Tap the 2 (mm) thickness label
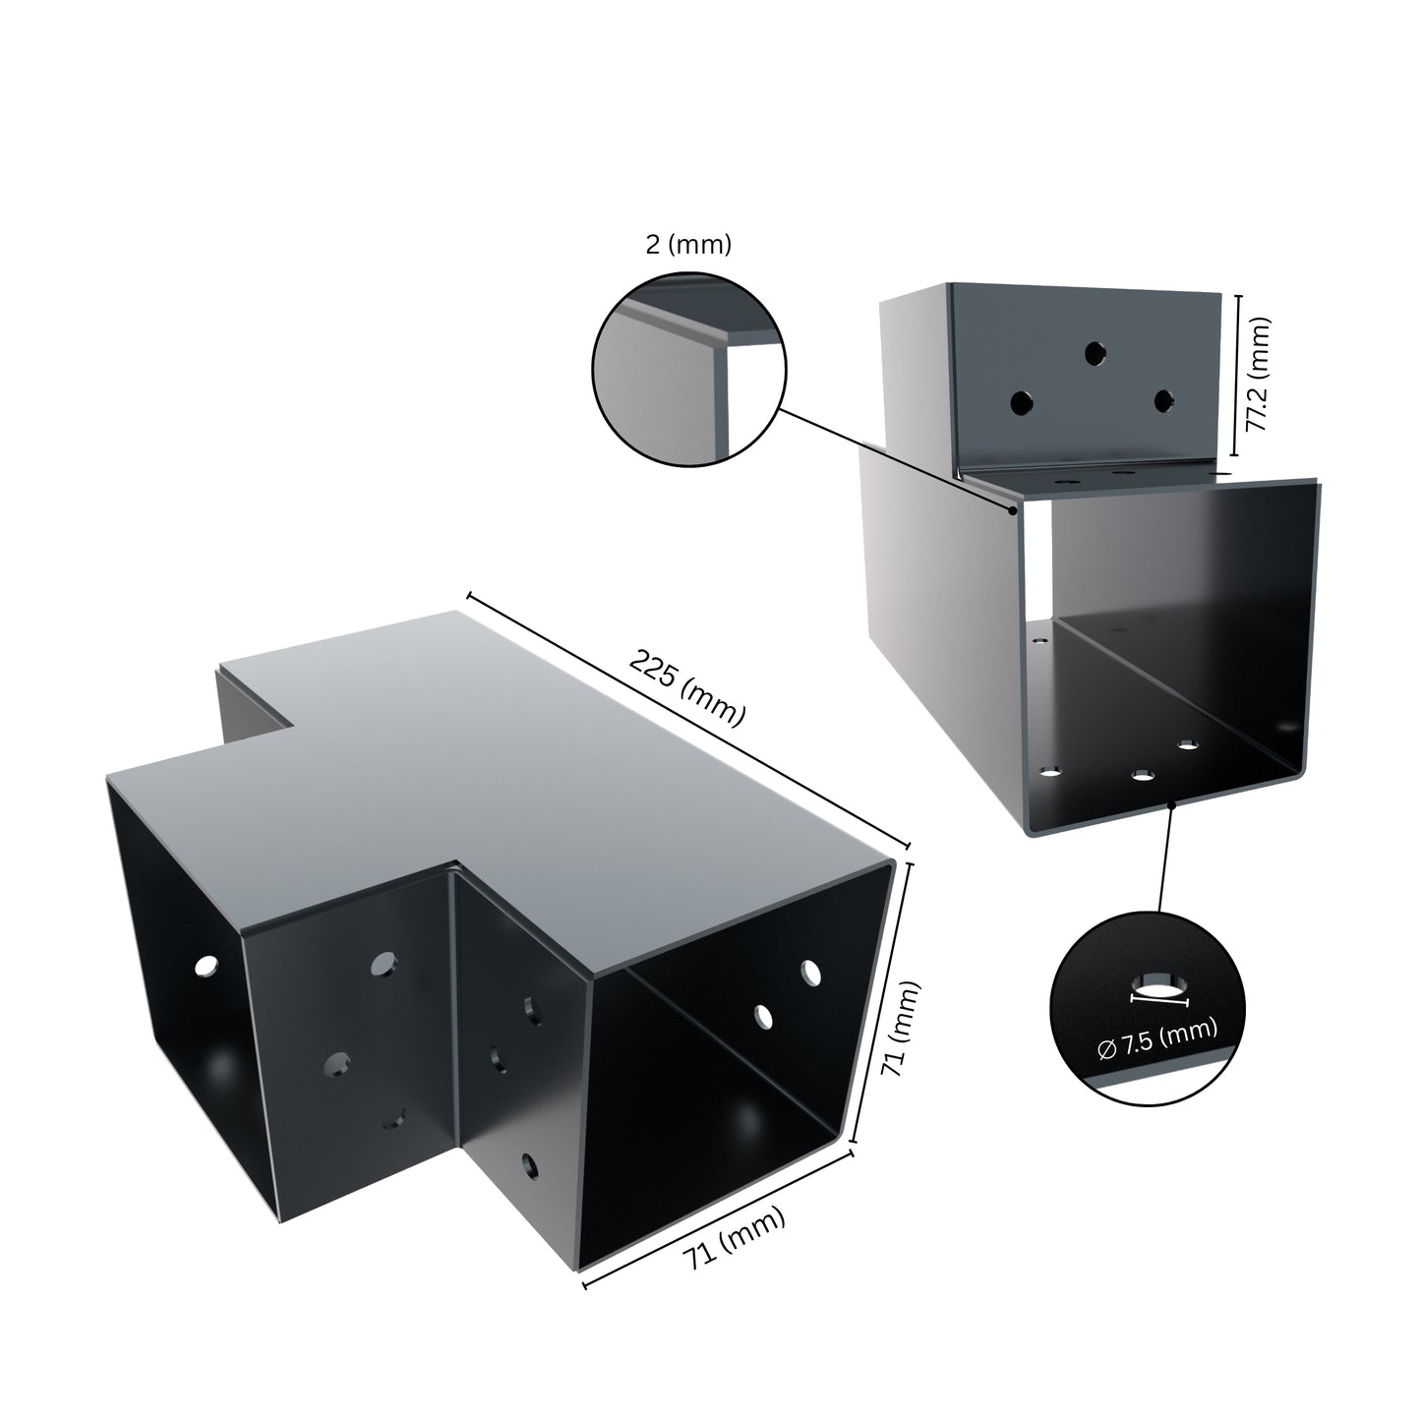688,245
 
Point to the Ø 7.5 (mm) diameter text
1156,1039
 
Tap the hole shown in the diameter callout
1159,986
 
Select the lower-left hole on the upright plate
1023,402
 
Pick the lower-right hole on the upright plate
1164,400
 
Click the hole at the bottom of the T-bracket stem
530,1165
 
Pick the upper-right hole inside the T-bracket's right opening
810,972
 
